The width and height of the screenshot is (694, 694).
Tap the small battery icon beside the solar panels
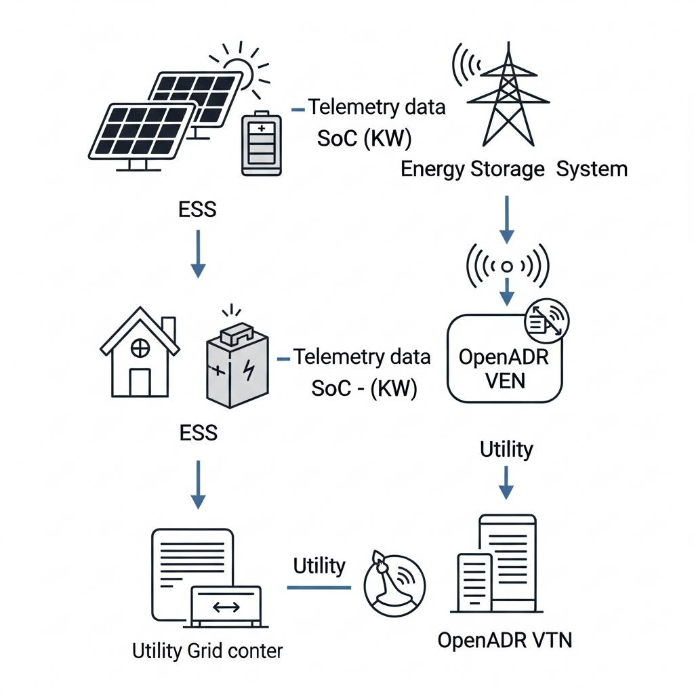click(262, 144)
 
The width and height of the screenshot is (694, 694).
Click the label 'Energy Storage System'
click(514, 169)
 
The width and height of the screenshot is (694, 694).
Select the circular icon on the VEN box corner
click(548, 320)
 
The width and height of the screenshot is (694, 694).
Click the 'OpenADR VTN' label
click(505, 640)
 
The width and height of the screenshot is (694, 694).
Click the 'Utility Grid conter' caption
click(207, 651)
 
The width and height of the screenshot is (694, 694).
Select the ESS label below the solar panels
click(197, 209)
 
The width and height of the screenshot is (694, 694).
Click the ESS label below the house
click(198, 432)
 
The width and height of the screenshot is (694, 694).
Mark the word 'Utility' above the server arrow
click(506, 449)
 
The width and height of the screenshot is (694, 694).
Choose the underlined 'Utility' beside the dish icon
click(319, 566)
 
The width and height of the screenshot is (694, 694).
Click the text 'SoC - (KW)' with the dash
click(364, 388)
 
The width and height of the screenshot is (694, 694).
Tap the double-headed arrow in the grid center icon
click(226, 607)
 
